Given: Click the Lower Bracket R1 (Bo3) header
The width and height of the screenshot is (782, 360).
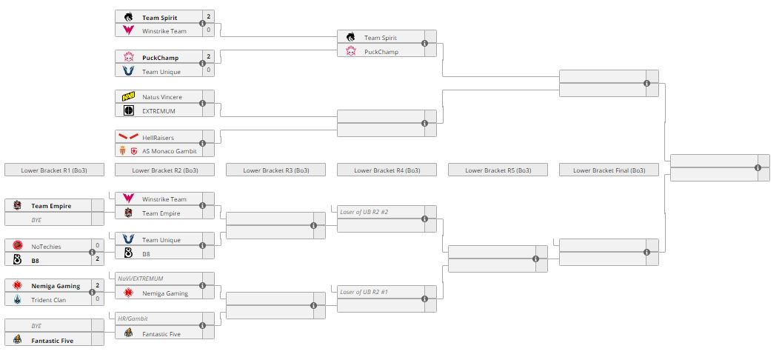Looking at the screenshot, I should (x=54, y=170).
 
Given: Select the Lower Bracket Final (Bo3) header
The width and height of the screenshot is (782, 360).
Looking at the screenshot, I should (x=609, y=170).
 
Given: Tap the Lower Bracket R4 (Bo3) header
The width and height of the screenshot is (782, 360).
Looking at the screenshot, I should (x=387, y=170).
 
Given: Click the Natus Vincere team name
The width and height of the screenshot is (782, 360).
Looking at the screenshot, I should (x=161, y=97).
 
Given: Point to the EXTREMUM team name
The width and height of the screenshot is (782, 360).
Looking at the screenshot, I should (x=159, y=110).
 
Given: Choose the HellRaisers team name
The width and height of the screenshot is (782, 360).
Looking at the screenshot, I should (x=159, y=137).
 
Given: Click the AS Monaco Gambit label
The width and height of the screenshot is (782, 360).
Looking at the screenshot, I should (x=169, y=150).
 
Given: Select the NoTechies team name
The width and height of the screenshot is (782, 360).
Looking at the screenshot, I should (x=46, y=246).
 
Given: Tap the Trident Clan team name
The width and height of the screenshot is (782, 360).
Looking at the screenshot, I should (x=48, y=299).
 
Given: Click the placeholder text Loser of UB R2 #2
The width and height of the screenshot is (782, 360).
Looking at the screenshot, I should (x=365, y=212).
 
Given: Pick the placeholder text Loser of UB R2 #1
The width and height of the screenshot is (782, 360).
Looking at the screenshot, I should (x=365, y=292).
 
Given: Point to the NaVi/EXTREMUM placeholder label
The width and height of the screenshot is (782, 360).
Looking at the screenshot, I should (x=141, y=279).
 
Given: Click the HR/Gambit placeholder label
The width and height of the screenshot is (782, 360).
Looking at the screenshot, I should (x=133, y=319).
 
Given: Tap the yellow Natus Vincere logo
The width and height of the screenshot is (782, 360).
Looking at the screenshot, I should (x=129, y=97).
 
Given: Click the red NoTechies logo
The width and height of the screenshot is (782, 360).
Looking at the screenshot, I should (x=18, y=246).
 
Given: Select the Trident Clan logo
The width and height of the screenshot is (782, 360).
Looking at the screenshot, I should (x=18, y=299).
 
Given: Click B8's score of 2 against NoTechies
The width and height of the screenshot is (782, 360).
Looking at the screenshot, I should (x=97, y=260).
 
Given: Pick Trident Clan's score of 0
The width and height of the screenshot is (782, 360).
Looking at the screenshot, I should (x=97, y=299).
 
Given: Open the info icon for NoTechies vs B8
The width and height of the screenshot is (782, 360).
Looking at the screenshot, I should (x=92, y=253).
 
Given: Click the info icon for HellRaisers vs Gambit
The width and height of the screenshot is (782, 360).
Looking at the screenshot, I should (x=202, y=144).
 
